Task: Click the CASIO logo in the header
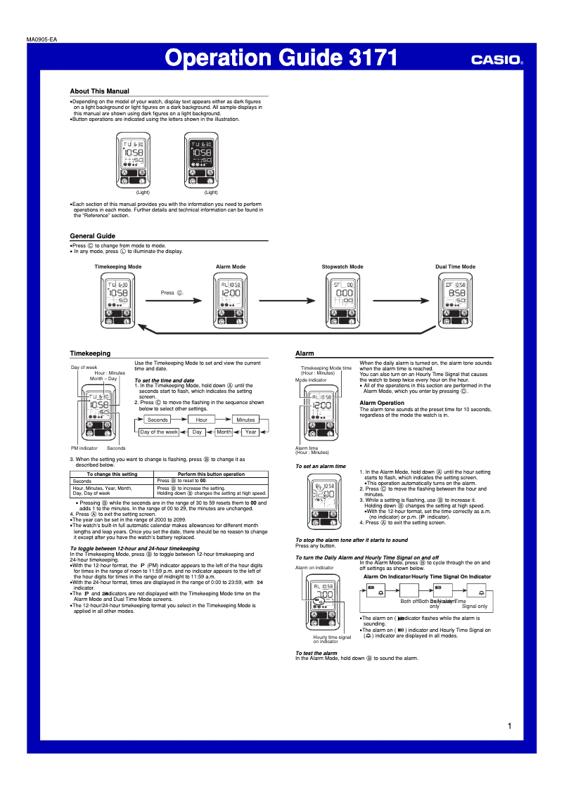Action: pos(497,60)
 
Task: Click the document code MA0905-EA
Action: pos(41,39)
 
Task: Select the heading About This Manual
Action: pos(99,91)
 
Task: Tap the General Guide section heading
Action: pos(92,235)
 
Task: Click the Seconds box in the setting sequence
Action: pos(158,420)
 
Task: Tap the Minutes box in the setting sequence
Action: pos(245,420)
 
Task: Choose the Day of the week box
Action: pos(158,432)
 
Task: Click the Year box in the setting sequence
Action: pos(250,432)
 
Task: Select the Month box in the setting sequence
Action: pos(224,432)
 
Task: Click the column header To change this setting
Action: pos(112,474)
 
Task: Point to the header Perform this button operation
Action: pos(211,474)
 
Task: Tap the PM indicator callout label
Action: pos(84,448)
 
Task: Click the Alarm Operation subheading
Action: pos(382,403)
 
